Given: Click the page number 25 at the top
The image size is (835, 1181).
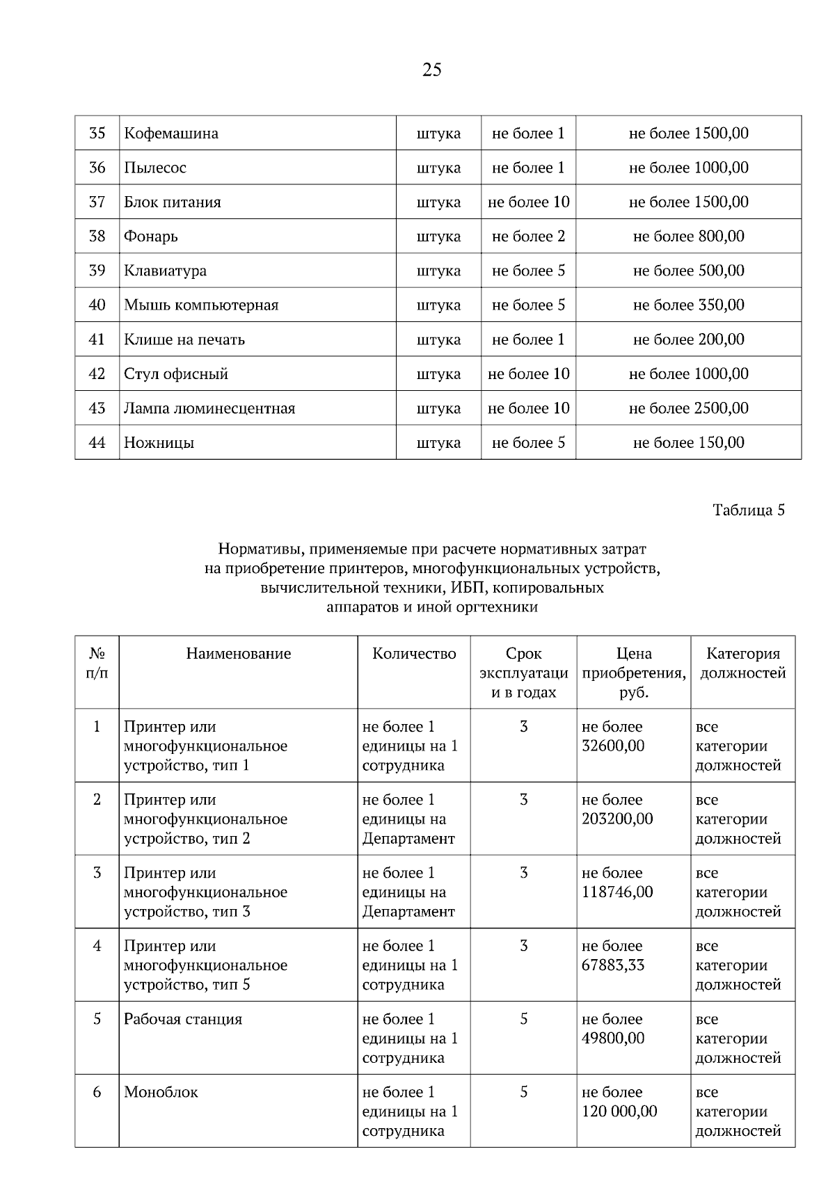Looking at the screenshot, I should [431, 70].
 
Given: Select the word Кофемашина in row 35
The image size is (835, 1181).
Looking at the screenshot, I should [171, 133].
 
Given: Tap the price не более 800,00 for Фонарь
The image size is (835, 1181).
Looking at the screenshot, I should [688, 236].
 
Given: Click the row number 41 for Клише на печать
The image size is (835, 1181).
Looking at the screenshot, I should [97, 339].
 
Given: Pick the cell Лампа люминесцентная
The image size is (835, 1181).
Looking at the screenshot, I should [209, 408].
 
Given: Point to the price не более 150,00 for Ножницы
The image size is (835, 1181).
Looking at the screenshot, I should [688, 442].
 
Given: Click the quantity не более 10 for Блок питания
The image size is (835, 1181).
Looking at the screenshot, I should [528, 202].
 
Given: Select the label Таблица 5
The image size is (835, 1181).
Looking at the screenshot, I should [749, 510].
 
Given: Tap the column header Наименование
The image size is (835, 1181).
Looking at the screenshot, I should [238, 653].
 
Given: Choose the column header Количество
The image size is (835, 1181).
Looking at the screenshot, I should [414, 653].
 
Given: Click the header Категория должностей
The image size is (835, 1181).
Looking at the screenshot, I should [742, 663].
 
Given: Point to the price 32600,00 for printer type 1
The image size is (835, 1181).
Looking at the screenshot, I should [613, 746].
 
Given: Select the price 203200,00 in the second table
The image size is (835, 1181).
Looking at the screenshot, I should [617, 819].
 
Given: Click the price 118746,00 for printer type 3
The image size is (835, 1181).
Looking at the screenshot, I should [617, 892].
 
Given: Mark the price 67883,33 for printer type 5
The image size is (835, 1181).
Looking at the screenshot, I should [613, 965].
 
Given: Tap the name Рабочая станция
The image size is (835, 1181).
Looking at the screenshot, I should [183, 1019].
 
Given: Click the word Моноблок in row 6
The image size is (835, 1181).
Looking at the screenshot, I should [161, 1092].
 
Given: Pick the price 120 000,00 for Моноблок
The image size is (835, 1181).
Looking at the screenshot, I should [619, 1111].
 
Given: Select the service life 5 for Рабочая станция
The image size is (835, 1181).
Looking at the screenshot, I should [523, 1019].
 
